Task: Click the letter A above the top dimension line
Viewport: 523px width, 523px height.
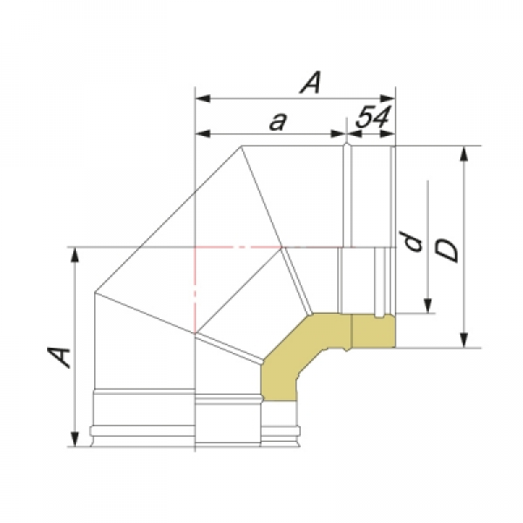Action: tap(311, 82)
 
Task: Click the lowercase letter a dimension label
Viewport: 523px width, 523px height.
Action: tap(278, 121)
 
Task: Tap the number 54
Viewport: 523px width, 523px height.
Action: tap(372, 117)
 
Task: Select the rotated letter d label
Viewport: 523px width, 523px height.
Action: tap(412, 241)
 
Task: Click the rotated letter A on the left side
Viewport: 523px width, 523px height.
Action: tap(59, 357)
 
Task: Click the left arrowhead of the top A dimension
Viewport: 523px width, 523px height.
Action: tap(203, 98)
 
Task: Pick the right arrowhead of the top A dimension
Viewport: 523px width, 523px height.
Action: tap(388, 98)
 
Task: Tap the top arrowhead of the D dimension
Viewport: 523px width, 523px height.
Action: tap(464, 153)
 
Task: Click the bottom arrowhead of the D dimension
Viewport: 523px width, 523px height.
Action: tap(464, 340)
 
